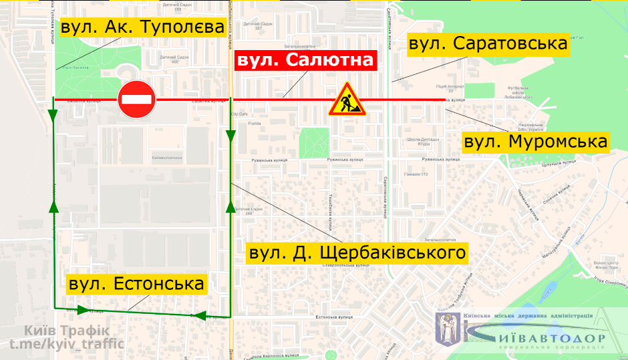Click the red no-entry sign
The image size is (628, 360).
point(137,100)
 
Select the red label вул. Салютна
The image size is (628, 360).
point(305,61)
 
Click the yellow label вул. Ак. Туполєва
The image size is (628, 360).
point(142,28)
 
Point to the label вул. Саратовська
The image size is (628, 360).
point(488,45)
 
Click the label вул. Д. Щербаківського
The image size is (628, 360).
point(356,253)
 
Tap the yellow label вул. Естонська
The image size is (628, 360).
point(136,284)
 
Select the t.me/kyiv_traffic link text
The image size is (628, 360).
point(67,344)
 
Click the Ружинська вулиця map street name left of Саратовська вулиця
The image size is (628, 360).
point(345,160)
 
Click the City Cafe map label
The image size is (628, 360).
point(239,114)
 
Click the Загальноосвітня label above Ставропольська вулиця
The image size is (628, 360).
point(439,239)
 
